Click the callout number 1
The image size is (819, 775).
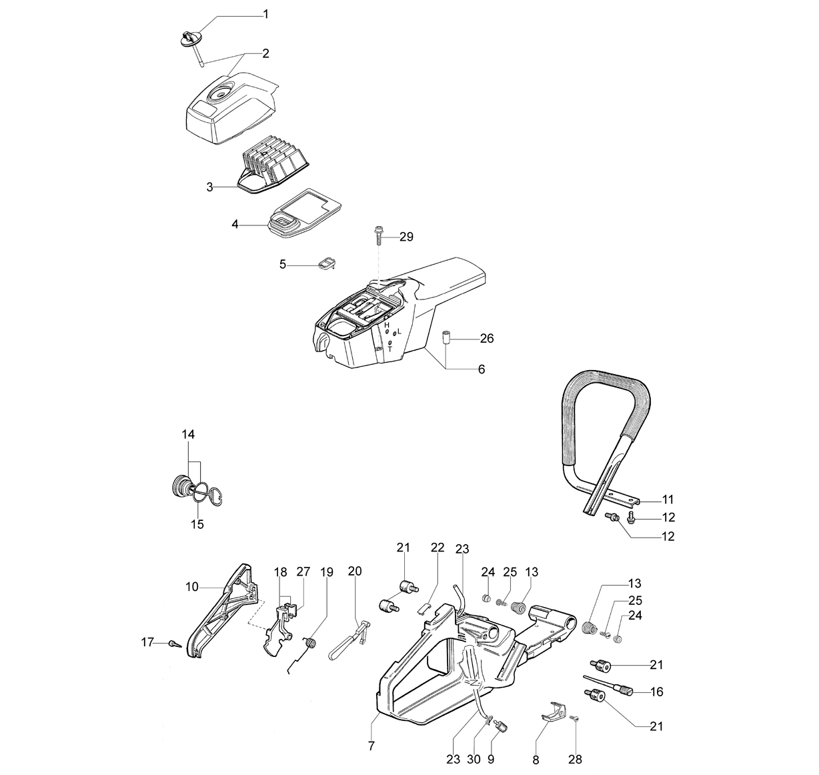266,15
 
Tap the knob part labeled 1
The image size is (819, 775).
189,39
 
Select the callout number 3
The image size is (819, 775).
209,187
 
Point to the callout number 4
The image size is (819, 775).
235,224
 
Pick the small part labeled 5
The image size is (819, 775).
327,263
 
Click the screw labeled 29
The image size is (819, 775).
380,235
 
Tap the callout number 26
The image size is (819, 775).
487,338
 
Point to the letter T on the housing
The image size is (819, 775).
390,349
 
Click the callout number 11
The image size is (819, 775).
668,499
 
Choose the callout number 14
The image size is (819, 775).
188,434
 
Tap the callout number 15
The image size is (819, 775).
197,524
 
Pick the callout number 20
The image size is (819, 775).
355,571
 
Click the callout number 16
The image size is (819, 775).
656,692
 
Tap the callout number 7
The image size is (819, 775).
371,746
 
